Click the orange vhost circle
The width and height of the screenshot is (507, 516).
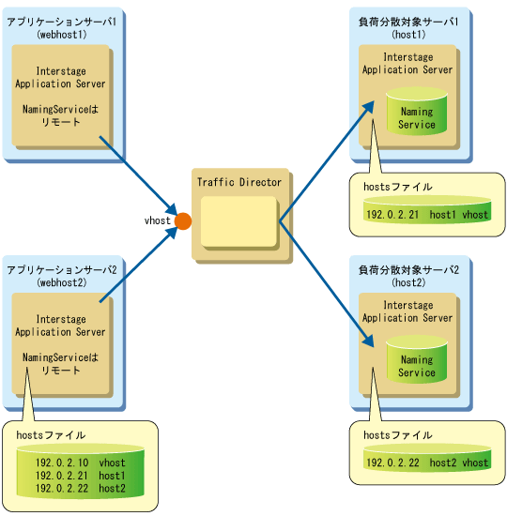183,221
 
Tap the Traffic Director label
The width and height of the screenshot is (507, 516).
239,182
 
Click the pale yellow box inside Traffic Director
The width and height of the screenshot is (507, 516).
238,221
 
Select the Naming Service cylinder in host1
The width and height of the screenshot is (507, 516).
417,112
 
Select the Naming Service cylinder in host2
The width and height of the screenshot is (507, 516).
417,359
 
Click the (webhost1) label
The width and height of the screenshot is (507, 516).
62,35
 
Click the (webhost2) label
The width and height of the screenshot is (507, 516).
62,282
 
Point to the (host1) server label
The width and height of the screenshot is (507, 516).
408,35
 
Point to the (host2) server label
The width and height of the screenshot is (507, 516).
408,282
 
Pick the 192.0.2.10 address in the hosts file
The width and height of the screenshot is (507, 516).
62,463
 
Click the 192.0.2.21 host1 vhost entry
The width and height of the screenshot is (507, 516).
427,215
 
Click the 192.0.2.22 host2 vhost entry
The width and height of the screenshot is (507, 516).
427,463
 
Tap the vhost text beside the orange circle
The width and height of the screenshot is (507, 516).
158,220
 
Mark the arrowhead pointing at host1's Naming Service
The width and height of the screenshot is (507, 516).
369,107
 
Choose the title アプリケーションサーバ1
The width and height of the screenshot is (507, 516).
62,23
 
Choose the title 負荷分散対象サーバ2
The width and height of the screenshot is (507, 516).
408,270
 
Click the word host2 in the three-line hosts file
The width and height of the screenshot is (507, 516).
112,488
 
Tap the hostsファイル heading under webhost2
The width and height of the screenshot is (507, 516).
51,435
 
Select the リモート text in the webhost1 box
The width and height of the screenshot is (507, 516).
61,122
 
